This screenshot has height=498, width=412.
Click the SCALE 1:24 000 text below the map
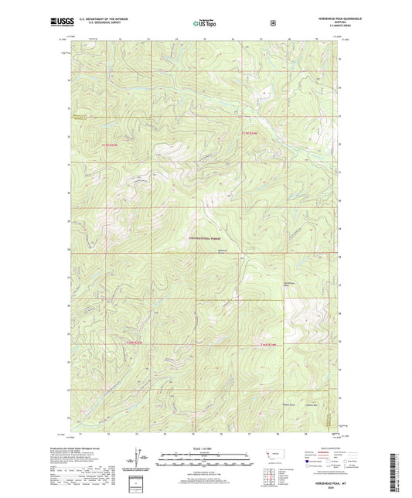(205, 448)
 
